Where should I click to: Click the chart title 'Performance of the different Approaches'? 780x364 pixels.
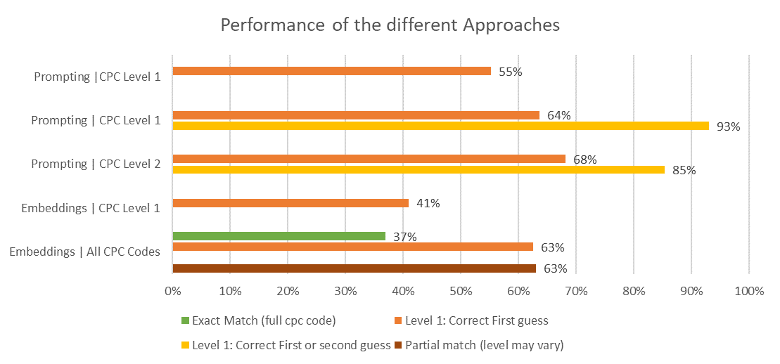[390, 25]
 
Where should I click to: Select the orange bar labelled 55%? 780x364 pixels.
[331, 71]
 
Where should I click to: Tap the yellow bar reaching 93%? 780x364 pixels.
[440, 126]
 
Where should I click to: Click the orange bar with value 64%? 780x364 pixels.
[355, 115]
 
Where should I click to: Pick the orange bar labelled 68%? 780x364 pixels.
[369, 159]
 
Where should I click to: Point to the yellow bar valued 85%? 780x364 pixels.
[418, 169]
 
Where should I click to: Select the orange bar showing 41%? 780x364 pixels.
[290, 203]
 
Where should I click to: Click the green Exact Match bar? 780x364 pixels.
[279, 236]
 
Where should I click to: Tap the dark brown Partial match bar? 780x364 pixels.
[354, 268]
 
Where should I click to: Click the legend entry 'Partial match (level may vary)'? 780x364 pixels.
[484, 345]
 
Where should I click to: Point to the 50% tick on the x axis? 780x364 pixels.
[460, 291]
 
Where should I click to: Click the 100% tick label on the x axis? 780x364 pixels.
[748, 291]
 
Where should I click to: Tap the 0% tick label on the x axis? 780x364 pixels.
[172, 291]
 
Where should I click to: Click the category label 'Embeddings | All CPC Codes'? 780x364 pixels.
[85, 252]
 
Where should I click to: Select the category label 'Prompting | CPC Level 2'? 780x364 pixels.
[96, 164]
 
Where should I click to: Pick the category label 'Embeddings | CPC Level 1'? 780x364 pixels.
[91, 208]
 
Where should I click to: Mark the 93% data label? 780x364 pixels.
[729, 127]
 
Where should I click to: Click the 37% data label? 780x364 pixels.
[405, 237]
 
